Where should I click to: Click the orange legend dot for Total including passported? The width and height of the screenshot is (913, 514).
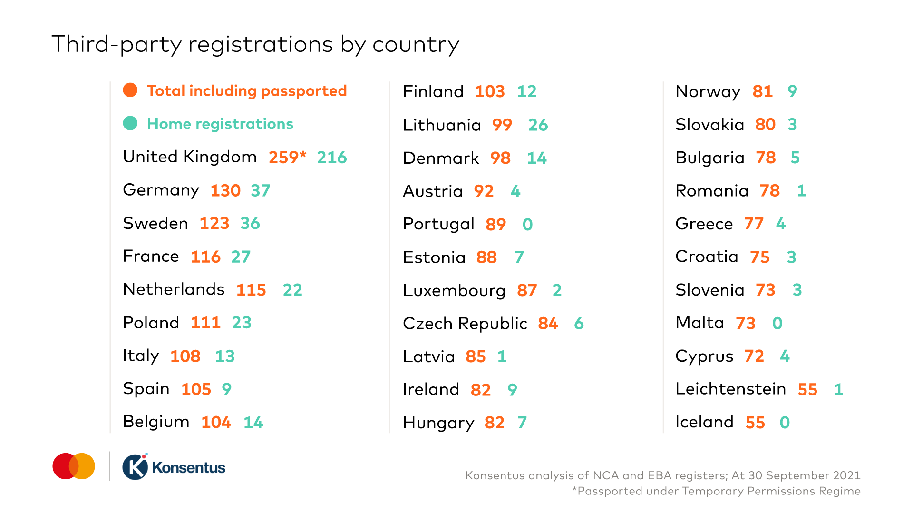coord(130,90)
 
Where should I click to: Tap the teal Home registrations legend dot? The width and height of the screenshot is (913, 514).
coord(130,123)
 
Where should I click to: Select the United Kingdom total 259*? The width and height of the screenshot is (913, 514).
coord(287,157)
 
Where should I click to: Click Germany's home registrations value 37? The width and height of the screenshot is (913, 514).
coord(261,190)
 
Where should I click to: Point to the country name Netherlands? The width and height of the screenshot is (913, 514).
coord(174,289)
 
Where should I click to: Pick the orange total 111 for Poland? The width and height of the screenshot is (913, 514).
coord(205,323)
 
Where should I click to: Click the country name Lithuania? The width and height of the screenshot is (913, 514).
coord(442,125)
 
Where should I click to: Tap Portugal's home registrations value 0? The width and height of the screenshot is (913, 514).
coord(527,224)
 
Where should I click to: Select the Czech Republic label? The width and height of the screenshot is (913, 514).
coord(465,324)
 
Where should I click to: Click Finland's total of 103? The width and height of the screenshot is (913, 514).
coord(490,91)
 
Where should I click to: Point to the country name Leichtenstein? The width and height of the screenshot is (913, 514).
coord(730,389)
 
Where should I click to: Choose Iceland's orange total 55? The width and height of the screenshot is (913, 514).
coord(755,422)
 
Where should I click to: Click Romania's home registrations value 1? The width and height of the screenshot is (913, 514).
coord(801,191)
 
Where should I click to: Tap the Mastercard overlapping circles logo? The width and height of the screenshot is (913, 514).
coord(74,466)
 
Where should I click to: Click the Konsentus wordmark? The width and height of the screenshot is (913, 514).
coord(189,468)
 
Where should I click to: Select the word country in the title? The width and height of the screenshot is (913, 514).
coord(416,44)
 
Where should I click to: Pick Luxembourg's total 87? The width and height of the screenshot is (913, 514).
coord(527,290)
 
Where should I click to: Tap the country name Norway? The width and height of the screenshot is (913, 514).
coord(708,91)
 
